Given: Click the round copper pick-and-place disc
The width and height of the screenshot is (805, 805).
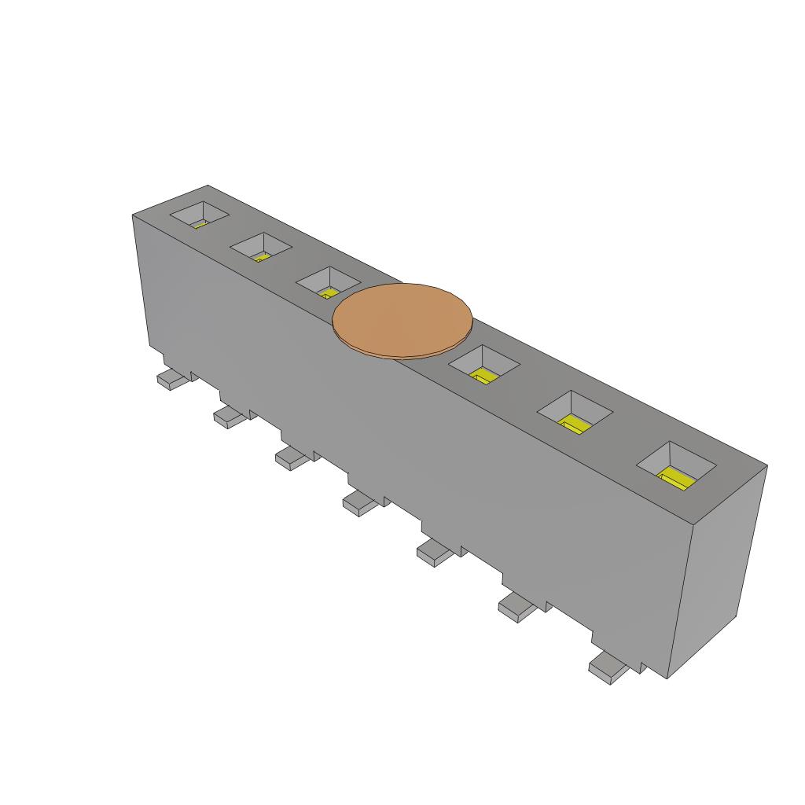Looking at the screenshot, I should coord(402,319).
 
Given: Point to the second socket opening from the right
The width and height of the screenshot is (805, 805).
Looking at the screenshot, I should coord(574,412).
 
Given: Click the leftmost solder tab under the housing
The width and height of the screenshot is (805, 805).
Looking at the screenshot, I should coord(174,380).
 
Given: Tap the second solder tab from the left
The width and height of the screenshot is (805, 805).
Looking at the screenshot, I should coord(230,416).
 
